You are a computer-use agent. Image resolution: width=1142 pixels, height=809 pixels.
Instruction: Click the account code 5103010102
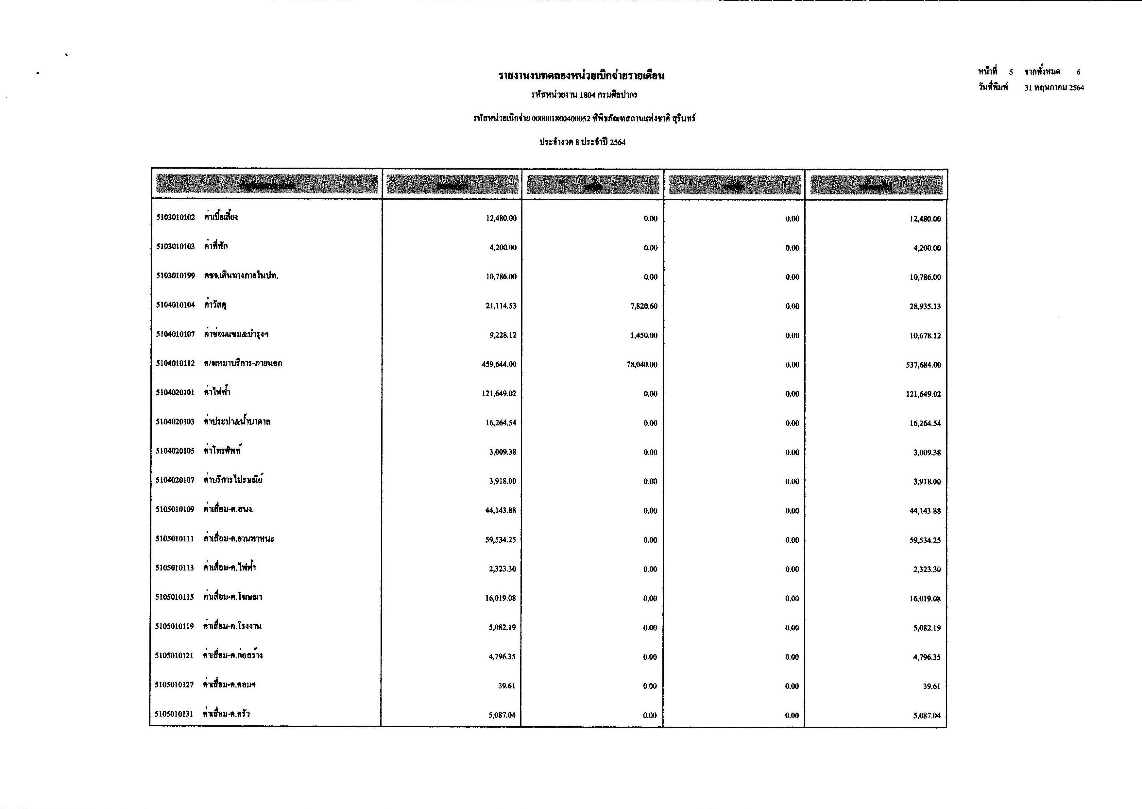pos(176,218)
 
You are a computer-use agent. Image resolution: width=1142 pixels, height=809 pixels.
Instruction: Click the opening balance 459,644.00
pos(499,365)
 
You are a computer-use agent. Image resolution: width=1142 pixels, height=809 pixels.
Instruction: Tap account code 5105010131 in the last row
pos(174,714)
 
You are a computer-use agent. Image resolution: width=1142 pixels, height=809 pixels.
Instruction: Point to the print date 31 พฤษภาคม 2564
pos(1054,88)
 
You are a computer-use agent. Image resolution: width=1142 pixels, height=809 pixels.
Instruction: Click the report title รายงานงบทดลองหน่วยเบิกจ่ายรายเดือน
pos(581,76)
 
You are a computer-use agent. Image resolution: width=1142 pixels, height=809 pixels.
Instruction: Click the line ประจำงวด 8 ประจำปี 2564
pos(582,142)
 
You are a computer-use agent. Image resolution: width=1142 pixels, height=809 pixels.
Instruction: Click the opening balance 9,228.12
pos(503,335)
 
